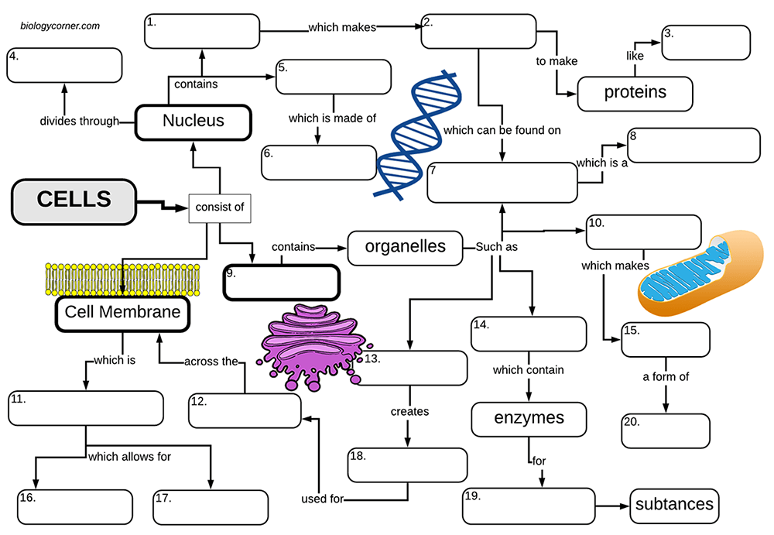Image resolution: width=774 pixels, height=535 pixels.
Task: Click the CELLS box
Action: [x=74, y=201]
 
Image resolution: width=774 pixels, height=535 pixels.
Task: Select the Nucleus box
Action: [x=193, y=122]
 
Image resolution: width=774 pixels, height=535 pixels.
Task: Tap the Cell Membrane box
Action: [x=122, y=313]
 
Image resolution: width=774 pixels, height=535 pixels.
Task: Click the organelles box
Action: [x=405, y=247]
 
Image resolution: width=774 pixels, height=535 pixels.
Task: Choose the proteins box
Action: [x=635, y=93]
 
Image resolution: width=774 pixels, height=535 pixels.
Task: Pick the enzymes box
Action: [x=529, y=419]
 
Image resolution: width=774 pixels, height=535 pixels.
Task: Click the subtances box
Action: [x=674, y=506]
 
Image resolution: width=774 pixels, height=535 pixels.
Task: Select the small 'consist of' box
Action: [x=220, y=207]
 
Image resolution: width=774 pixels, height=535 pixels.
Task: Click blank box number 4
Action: [x=64, y=65]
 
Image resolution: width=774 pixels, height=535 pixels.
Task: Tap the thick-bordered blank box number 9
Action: [x=282, y=283]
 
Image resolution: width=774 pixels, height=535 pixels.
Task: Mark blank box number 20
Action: [x=666, y=431]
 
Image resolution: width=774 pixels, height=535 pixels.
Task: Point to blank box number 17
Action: [x=211, y=507]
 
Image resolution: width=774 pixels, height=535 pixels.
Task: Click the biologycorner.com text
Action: [x=60, y=26]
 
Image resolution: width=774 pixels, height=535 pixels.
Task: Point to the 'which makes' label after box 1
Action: [x=341, y=28]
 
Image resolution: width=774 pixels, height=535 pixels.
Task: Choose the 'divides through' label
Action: [x=79, y=121]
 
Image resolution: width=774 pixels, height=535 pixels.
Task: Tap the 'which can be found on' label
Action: [x=502, y=130]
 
